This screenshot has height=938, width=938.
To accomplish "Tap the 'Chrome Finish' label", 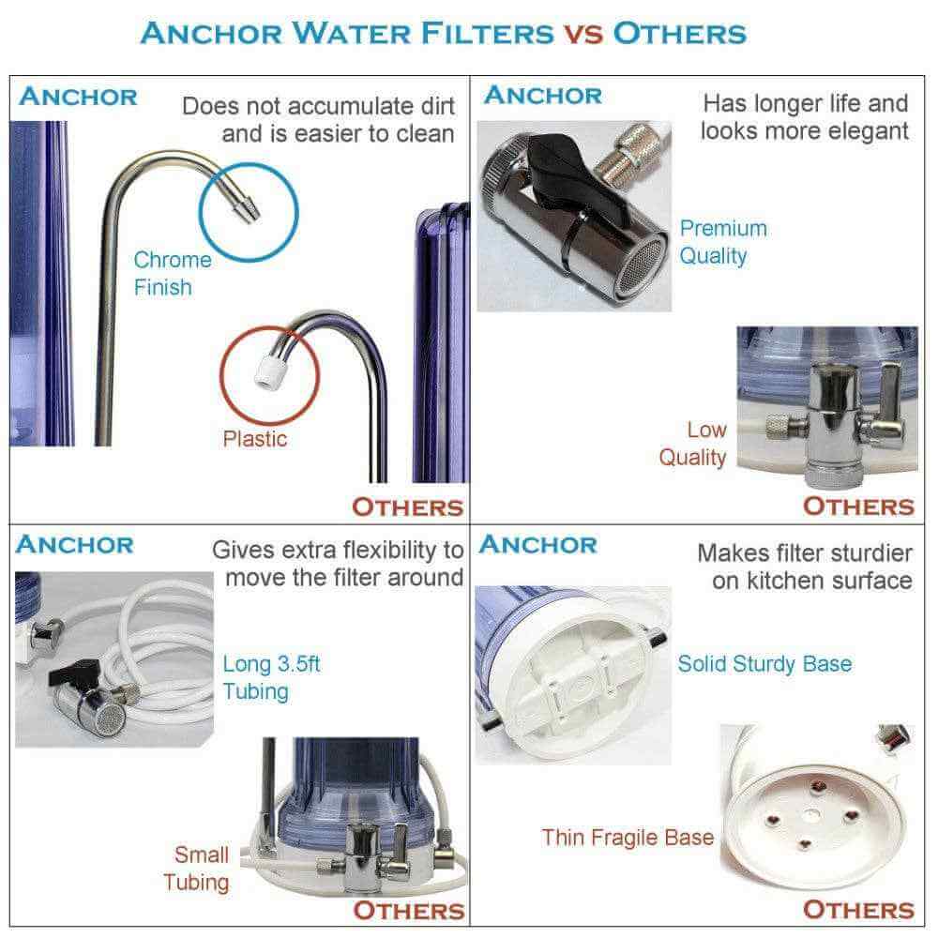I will pos(172,273).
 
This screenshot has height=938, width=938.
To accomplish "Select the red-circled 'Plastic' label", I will pos(255,438).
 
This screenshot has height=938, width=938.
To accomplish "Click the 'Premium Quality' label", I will pos(722,241).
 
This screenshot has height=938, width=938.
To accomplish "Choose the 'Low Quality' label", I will pos(693,443).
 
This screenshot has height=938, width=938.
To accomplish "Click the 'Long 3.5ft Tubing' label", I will pos(272,677).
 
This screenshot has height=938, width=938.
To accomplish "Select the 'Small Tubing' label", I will pos(196,868).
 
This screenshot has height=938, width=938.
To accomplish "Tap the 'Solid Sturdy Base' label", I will pos(764,663).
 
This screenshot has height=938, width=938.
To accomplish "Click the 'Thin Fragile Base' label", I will pos(628,837).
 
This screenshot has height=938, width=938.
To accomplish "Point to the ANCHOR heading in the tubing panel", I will pos(75,544).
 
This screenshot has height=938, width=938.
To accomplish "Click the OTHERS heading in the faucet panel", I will pos(407,507).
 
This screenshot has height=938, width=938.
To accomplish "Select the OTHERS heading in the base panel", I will pos(857,909).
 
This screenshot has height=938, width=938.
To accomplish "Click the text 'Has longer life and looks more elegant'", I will pos(804,116).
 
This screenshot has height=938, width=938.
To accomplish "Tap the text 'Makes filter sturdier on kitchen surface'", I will pos(804,566).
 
